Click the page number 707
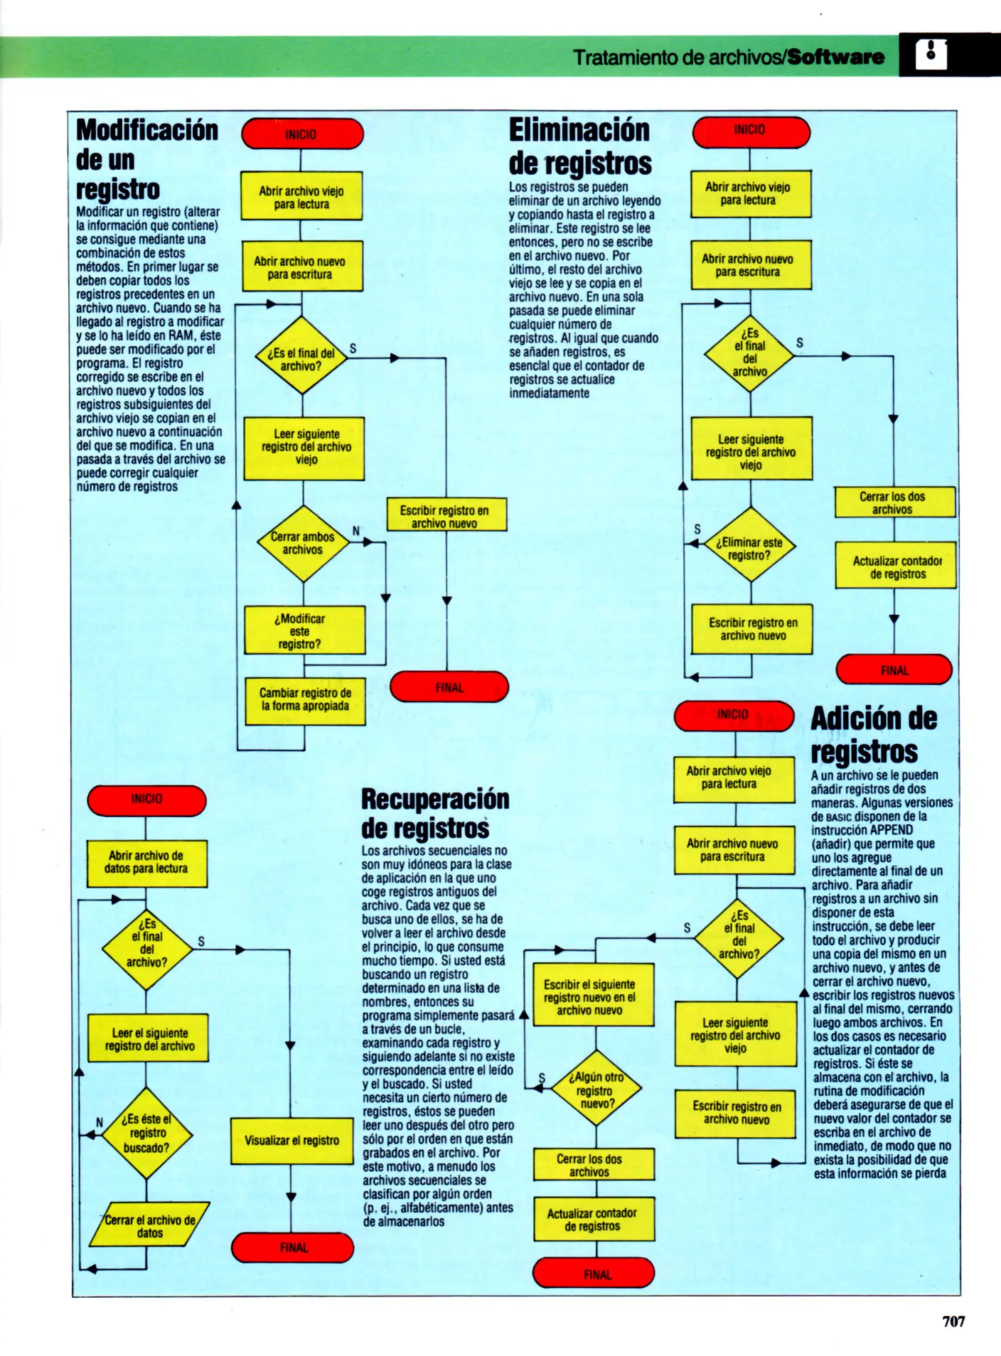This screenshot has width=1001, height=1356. coord(953,1320)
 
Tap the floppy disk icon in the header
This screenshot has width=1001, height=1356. coord(931,55)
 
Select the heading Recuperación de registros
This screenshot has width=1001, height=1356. coord(435,813)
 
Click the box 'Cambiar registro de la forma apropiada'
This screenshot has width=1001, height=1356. coord(305,700)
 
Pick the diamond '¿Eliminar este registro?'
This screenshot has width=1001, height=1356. coord(750,548)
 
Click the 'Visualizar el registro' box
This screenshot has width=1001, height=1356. coord(292,1141)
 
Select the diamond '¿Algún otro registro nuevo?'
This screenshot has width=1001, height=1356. coord(596,1090)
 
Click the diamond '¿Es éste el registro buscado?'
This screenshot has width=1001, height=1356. coord(147,1133)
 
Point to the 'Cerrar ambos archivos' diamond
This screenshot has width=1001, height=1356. coord(302,543)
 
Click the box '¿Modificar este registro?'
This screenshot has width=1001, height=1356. coord(304,630)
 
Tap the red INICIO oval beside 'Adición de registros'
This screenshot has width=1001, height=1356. coord(734,715)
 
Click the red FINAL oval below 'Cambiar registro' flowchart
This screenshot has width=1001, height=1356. coord(449,687)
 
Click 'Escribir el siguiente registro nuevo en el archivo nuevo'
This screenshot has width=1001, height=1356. coord(592,997)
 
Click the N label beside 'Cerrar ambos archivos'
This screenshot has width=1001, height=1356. coord(356,531)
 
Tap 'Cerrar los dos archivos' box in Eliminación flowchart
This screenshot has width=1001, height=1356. coord(894,502)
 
